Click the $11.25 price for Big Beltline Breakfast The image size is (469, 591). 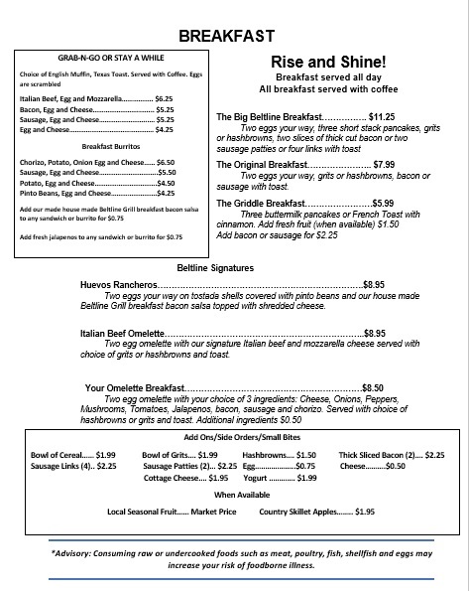pyautogui.click(x=382, y=116)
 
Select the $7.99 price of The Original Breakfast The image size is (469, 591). pyautogui.click(x=384, y=163)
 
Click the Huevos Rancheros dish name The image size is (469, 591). pyautogui.click(x=115, y=284)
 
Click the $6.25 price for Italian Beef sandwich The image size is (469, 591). pyautogui.click(x=164, y=99)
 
